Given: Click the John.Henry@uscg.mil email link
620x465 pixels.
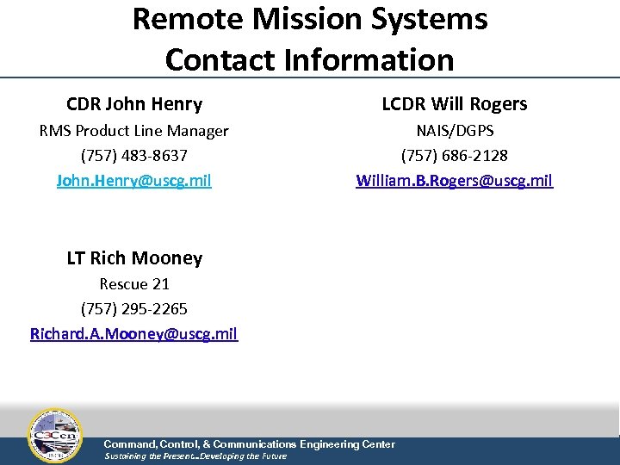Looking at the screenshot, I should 133,181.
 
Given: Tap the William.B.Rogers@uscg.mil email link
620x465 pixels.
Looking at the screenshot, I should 455,181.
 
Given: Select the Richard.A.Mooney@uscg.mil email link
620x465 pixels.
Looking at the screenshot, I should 133,333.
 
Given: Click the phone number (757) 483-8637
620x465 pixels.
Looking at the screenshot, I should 133,156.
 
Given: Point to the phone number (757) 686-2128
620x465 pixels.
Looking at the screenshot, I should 455,156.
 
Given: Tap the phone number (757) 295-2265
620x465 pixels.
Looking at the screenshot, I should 133,308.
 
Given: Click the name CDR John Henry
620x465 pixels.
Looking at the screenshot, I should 134,104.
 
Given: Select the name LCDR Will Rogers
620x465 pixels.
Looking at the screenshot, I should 455,104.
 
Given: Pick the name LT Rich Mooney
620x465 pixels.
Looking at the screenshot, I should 134,257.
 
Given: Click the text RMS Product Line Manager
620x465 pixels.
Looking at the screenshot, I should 133,131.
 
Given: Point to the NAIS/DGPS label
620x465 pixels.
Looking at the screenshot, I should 455,131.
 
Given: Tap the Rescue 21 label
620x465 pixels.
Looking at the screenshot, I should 133,283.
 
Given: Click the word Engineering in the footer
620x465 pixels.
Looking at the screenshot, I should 332,444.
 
